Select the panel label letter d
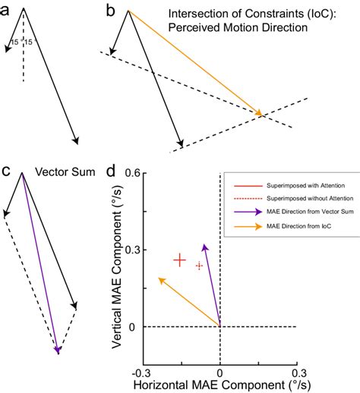tap(111, 171)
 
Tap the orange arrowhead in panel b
tap(259, 113)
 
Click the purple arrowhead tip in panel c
tap(58, 351)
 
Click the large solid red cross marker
tap(179, 260)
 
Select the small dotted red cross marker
tap(200, 266)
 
